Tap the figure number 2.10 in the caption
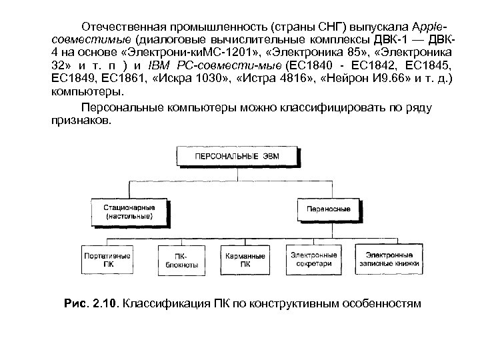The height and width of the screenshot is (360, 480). pos(107,304)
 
